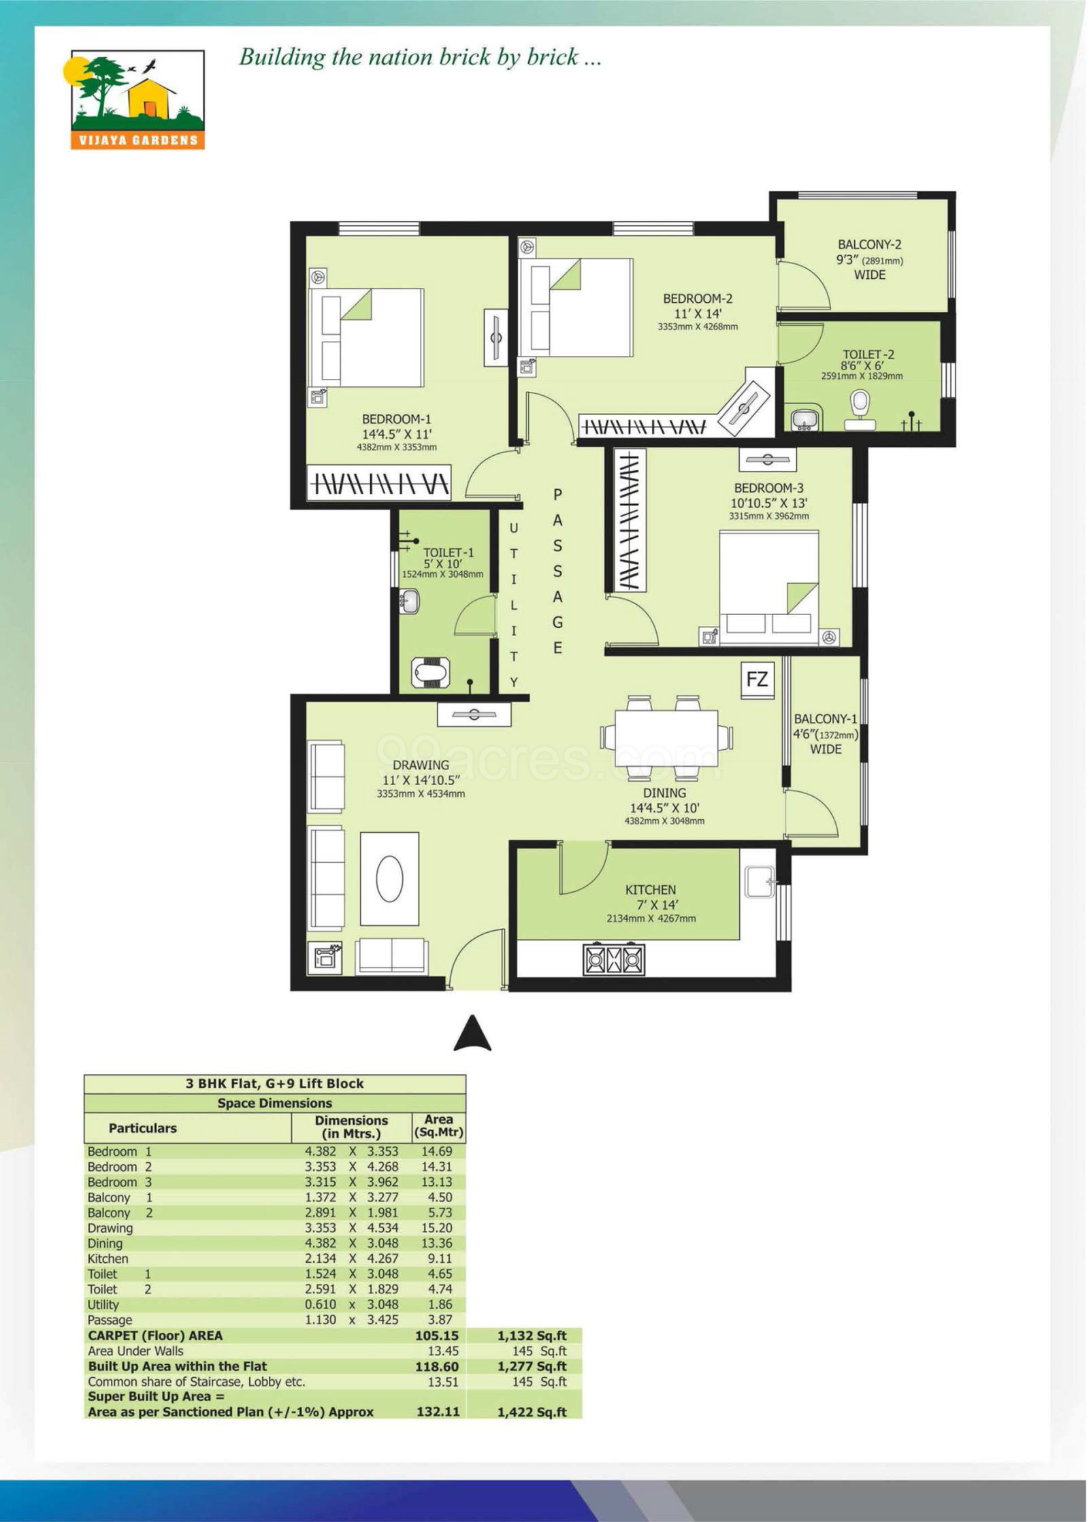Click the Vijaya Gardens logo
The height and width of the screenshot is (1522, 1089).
click(137, 99)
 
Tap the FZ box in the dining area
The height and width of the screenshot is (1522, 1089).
click(757, 679)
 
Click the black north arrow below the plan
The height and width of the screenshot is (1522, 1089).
click(472, 1033)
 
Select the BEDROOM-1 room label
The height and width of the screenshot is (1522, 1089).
click(396, 419)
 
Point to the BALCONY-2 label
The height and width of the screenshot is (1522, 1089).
click(869, 244)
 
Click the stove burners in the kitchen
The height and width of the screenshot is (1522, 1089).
click(614, 959)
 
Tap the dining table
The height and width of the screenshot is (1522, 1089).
click(666, 738)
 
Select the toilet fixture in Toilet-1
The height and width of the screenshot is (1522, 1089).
click(431, 672)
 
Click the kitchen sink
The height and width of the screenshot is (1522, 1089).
click(760, 882)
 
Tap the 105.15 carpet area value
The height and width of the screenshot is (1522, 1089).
click(437, 1335)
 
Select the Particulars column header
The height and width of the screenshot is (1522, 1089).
click(142, 1127)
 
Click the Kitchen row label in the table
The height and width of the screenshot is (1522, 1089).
click(108, 1258)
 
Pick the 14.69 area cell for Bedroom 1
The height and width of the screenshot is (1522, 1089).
click(437, 1151)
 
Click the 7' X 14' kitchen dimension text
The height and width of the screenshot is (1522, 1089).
click(657, 904)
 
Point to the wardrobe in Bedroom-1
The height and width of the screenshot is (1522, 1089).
click(379, 483)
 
